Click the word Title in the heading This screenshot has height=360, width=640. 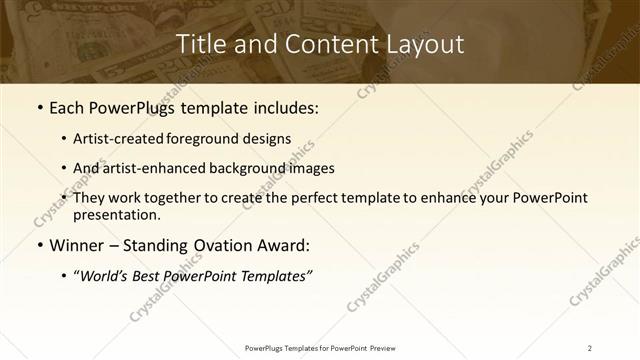(x=199, y=44)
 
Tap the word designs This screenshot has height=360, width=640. (x=267, y=140)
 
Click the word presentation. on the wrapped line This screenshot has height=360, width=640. (x=116, y=214)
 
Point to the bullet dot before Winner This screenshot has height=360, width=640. (x=39, y=245)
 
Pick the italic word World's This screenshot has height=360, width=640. (x=107, y=276)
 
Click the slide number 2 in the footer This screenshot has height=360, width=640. (x=590, y=348)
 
